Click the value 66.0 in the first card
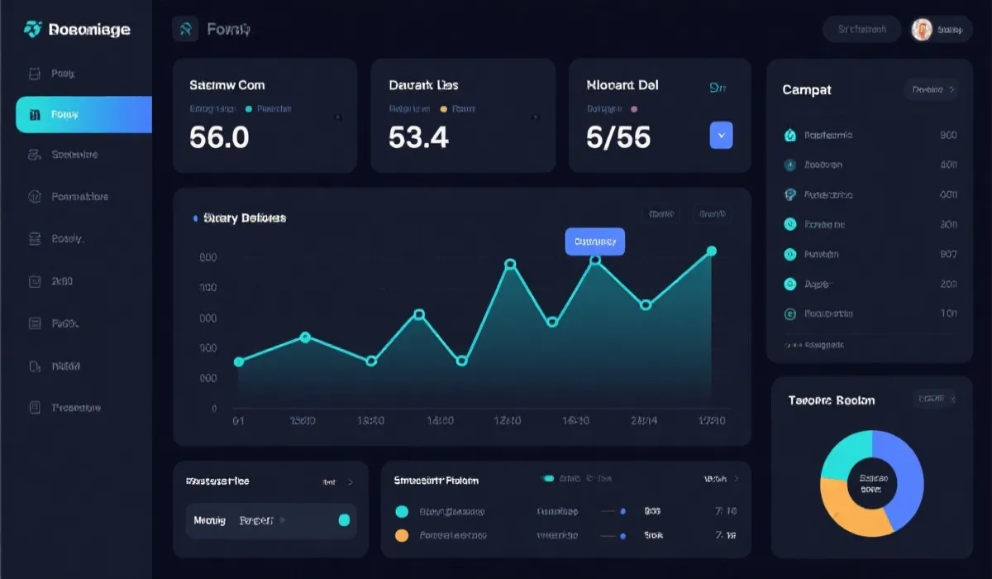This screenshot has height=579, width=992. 219,136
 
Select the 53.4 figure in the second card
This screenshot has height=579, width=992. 419,136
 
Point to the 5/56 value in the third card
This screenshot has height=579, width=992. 618,136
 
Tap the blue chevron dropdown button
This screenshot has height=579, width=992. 721,135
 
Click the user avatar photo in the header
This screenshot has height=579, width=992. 921,30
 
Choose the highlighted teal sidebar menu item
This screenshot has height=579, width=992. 83,114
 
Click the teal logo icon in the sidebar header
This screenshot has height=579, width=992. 33,30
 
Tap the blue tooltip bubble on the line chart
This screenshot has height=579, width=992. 594,242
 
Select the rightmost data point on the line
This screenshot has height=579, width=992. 711,251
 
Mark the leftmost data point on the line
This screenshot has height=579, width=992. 239,361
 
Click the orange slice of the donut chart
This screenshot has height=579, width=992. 851,505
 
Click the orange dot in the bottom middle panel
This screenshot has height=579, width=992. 403,535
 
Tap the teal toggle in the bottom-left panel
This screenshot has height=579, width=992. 344,520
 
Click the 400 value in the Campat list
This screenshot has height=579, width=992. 948,165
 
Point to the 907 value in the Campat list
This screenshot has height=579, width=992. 948,255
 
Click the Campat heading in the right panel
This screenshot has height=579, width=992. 807,89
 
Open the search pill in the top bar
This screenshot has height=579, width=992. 862,30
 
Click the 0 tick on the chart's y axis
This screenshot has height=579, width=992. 214,409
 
